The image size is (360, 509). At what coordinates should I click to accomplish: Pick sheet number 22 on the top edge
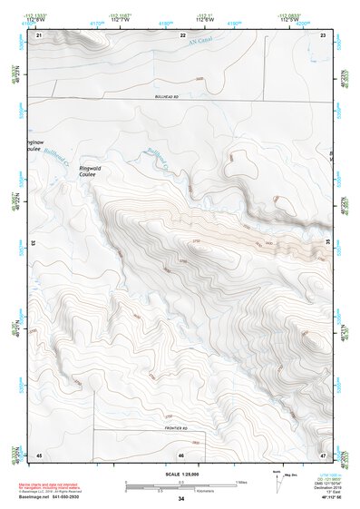click(x=181, y=34)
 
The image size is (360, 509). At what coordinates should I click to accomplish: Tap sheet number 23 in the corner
click(x=324, y=34)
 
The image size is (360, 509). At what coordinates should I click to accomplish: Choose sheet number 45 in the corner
click(x=39, y=454)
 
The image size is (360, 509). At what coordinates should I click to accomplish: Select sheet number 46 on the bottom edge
click(x=181, y=455)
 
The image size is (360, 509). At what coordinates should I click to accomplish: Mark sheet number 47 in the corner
click(x=324, y=454)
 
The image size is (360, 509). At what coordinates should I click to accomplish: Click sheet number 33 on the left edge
click(x=34, y=243)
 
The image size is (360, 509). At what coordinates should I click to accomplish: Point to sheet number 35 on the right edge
click(x=328, y=243)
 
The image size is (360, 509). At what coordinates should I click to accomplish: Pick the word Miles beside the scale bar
click(x=241, y=482)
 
